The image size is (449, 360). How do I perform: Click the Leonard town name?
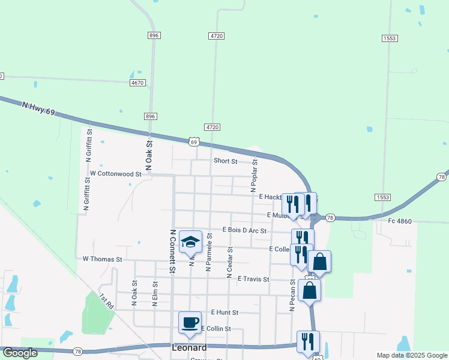click(x=189, y=347)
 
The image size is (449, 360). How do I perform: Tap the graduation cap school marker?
click(x=190, y=242)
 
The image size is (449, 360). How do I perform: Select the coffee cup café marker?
click(x=190, y=322)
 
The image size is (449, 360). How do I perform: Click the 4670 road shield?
click(x=137, y=82)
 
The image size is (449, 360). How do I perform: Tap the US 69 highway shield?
click(x=193, y=142)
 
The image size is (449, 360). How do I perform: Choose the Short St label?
click(x=226, y=161)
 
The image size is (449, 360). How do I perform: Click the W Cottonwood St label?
click(x=115, y=173)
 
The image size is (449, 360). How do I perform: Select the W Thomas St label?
click(x=102, y=260)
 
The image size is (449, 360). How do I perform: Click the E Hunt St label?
click(x=224, y=313)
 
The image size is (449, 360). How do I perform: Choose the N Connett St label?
click(x=172, y=251)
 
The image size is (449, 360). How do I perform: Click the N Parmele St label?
click(x=209, y=253)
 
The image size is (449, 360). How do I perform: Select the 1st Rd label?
click(x=107, y=301)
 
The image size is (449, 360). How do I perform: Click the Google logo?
click(x=20, y=353)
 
